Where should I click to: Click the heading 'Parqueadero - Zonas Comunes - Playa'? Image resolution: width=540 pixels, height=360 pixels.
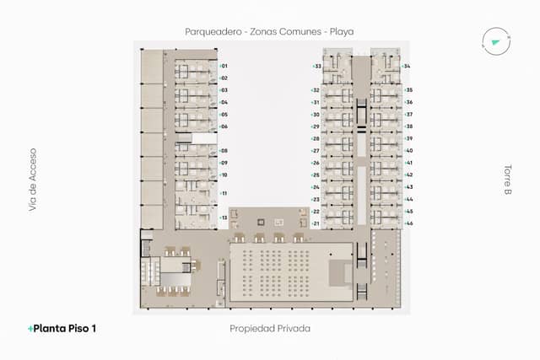(x=269, y=31)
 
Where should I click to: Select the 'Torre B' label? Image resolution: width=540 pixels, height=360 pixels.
(x=508, y=180)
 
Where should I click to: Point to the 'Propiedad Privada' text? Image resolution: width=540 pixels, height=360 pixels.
(x=270, y=328)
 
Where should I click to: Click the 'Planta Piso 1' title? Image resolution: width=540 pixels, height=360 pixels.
(x=62, y=328)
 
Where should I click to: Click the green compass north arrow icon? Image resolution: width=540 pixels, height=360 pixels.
(x=494, y=40)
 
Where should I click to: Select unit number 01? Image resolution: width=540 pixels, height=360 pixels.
(x=224, y=66)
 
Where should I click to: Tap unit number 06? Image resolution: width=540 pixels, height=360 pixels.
(x=224, y=126)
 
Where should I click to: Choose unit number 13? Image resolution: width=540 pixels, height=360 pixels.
(x=224, y=218)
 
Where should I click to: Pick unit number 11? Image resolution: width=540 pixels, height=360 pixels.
(x=224, y=193)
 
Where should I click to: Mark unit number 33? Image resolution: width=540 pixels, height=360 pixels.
(x=316, y=66)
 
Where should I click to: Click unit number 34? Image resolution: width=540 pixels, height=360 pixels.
(x=408, y=66)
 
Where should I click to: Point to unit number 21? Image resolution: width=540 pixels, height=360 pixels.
(x=316, y=223)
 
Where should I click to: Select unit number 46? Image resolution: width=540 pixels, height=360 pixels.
(x=408, y=223)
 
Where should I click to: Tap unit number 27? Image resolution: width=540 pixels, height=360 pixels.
(x=316, y=151)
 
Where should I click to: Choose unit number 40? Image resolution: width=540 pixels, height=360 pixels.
(x=408, y=151)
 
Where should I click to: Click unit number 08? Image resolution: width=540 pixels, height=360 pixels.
(x=224, y=151)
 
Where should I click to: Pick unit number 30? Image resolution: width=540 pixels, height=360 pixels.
(x=316, y=114)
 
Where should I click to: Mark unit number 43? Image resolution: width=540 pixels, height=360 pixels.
(x=408, y=187)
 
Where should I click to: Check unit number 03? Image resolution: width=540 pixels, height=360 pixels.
(x=224, y=90)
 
